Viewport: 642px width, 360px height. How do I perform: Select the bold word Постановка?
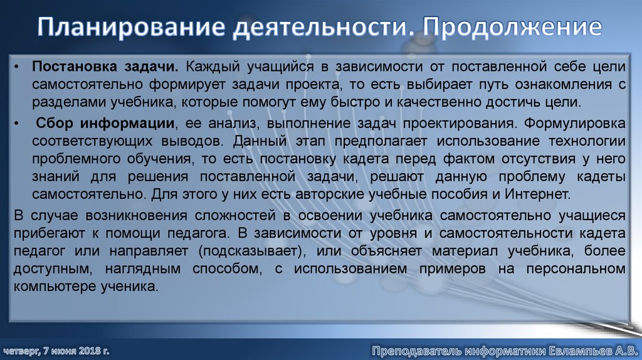pos(68,66)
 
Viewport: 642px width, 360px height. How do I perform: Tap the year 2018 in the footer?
pos(89,349)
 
